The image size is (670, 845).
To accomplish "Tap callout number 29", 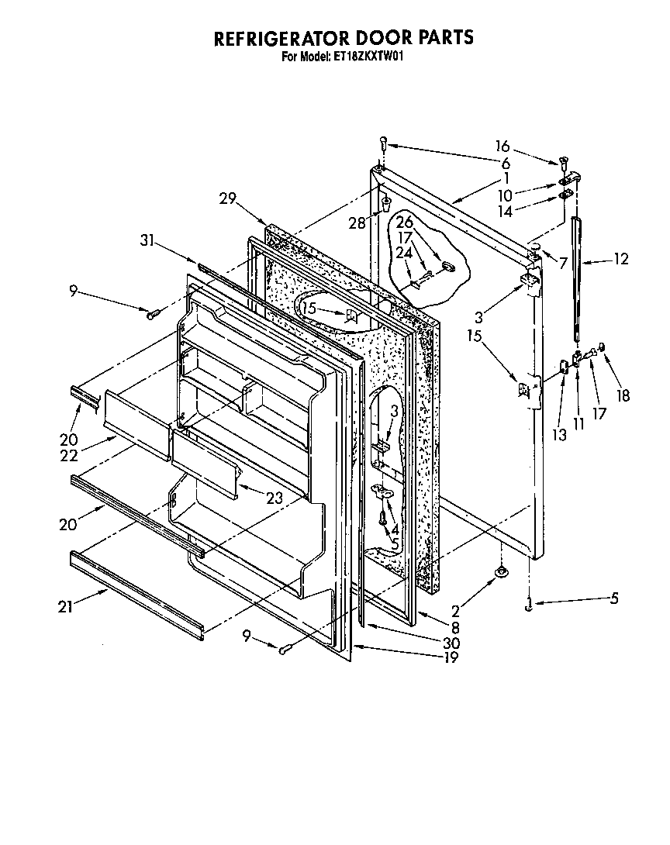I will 227,198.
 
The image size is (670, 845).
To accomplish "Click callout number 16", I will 502,147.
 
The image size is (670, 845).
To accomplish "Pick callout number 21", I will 65,606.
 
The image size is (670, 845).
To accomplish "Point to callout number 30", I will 451,643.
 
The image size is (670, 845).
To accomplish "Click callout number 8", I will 455,629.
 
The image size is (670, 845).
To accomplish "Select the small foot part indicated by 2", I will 501,572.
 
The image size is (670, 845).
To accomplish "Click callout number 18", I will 623,395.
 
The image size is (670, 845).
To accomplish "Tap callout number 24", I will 405,252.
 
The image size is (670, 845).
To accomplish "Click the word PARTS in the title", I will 440,38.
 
